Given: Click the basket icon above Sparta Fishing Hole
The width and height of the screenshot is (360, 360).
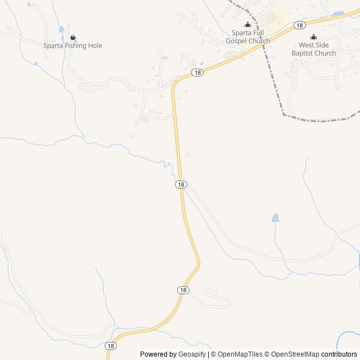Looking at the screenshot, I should click(x=73, y=37).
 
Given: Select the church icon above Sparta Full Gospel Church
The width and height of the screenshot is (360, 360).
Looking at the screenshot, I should click(x=247, y=24).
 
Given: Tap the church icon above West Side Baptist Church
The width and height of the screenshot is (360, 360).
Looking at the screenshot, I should click(x=313, y=37).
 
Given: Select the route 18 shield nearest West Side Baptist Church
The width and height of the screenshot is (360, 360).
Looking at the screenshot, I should click(x=299, y=25).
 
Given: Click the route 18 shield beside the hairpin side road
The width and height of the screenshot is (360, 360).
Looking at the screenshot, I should click(x=183, y=290).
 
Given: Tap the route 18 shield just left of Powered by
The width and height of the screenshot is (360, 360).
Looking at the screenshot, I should click(x=111, y=346).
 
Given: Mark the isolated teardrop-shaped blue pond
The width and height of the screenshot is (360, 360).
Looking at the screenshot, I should click(x=275, y=218).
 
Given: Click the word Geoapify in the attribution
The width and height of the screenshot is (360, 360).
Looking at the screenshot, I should click(x=192, y=354).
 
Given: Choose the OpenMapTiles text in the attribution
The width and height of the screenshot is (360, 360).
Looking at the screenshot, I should click(x=240, y=354).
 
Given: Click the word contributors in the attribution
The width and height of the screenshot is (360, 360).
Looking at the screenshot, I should click(x=339, y=354).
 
